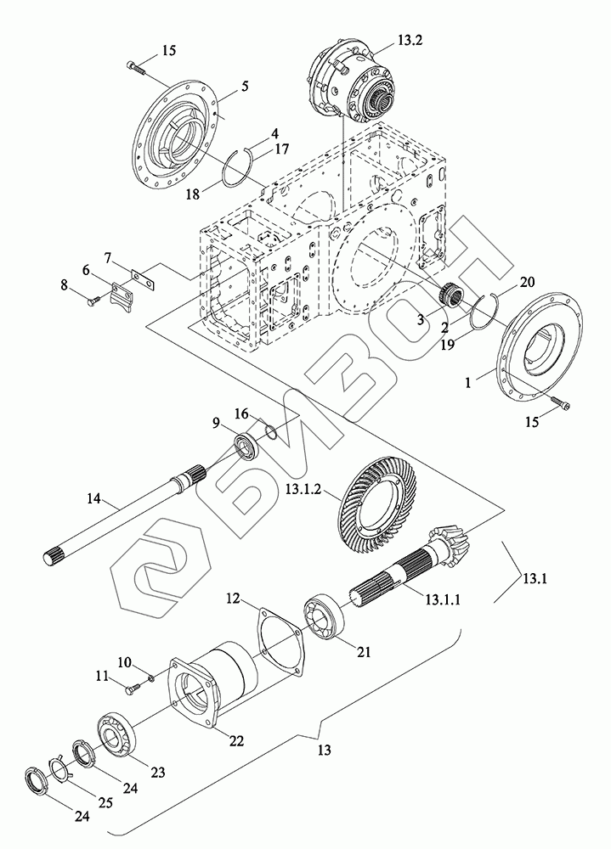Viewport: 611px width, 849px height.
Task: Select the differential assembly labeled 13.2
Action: [348, 82]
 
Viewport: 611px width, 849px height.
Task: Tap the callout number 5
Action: [245, 86]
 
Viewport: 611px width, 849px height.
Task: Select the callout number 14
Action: [93, 498]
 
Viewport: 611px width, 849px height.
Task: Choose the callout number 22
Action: [236, 740]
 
